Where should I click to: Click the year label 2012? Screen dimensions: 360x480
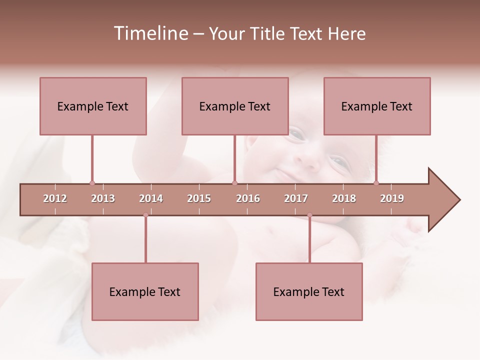pos(55,198)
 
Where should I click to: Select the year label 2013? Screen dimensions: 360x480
pos(103,198)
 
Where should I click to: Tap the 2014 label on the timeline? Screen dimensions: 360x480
pos(151,198)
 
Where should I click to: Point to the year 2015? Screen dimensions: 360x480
pos(199,198)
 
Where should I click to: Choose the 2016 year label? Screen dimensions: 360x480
pos(248,198)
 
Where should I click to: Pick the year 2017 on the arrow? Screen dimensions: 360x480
pos(296,198)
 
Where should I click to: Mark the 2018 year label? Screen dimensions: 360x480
pos(344,198)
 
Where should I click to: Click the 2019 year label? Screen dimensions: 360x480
pos(392,198)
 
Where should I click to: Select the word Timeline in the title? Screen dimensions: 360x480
pos(150,33)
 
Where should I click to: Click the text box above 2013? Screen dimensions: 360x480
pos(93,106)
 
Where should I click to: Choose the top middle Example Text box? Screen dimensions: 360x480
pos(235,106)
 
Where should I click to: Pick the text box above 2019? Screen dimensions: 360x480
pos(377,106)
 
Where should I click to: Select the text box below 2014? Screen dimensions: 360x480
pos(145,291)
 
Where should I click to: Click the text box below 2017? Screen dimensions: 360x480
pos(309,291)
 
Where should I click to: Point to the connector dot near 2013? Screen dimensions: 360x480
pos(92,183)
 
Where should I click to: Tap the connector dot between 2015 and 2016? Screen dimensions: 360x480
pos(234,183)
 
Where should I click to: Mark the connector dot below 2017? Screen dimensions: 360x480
pos(309,215)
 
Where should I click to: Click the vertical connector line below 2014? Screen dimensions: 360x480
pos(145,240)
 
